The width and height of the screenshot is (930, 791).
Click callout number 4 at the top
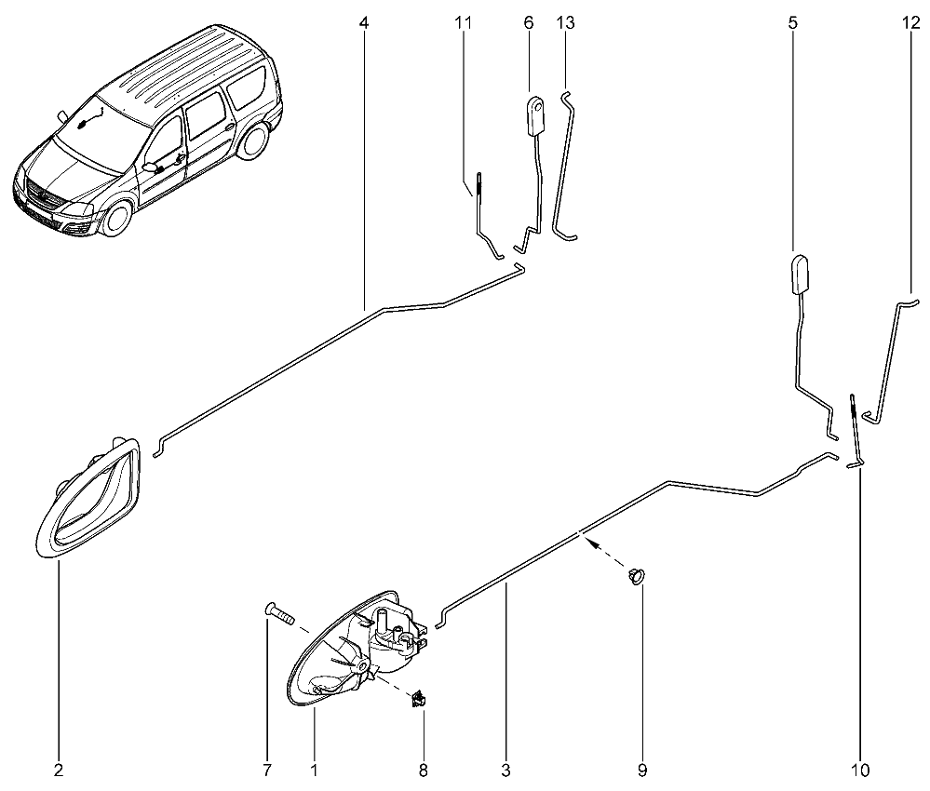coord(364,23)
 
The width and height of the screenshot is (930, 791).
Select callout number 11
coord(464,23)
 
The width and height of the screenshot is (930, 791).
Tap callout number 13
coord(566,23)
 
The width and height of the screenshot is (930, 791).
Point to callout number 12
coord(910,23)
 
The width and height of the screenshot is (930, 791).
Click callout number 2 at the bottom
coord(58,771)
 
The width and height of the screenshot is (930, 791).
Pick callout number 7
coord(267,771)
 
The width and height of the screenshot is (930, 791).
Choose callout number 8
coord(423,771)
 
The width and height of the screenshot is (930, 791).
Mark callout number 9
coord(642,771)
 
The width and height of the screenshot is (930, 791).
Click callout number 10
coord(860,771)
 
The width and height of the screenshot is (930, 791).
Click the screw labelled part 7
coord(278,613)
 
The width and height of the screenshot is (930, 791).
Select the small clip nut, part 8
coord(419,699)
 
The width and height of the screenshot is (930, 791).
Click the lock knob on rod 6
coord(537,117)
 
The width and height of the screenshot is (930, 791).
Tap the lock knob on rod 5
coord(800,275)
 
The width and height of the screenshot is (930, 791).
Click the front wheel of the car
coord(115,218)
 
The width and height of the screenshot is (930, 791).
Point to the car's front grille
coord(43,197)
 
